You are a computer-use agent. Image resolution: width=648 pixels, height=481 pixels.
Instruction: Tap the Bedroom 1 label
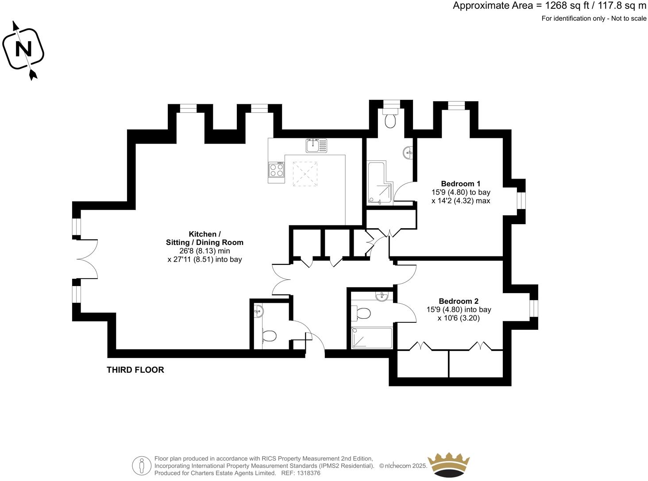click(x=460, y=183)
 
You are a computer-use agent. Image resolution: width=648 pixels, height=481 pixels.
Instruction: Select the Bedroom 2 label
click(x=458, y=301)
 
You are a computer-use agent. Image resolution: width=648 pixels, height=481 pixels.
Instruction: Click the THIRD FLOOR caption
click(x=135, y=370)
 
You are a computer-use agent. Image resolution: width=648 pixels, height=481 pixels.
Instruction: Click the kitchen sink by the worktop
click(x=316, y=145)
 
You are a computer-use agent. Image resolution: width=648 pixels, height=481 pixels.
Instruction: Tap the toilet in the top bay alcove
click(x=390, y=120)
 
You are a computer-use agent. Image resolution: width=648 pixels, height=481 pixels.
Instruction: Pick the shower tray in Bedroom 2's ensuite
click(x=372, y=338)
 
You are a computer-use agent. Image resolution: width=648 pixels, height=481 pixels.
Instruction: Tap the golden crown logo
click(x=448, y=465)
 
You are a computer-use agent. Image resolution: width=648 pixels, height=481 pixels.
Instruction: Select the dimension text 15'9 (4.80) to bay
click(x=460, y=192)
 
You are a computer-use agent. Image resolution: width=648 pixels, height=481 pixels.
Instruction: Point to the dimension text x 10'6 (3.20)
click(x=459, y=318)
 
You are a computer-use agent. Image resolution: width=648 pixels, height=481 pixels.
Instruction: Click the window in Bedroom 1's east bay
click(x=521, y=201)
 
